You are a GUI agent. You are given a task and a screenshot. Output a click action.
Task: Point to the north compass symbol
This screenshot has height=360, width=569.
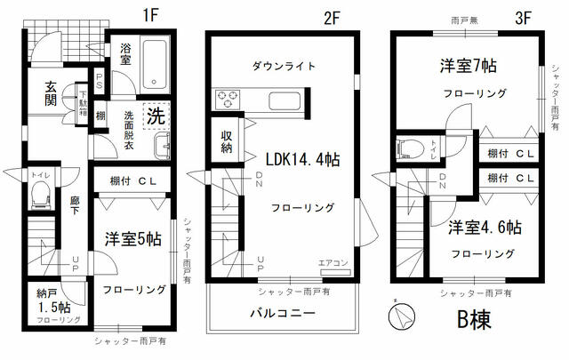tap(400, 315)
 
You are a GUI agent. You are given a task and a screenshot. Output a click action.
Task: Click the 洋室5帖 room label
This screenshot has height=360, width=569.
tap(133, 239)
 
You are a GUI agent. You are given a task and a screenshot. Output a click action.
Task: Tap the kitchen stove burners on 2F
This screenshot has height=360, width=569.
tap(223, 98)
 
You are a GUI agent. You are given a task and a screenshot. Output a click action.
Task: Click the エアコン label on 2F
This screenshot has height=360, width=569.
tap(332, 261)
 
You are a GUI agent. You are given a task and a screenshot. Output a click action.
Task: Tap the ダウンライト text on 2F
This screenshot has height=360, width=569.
tap(284, 65)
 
